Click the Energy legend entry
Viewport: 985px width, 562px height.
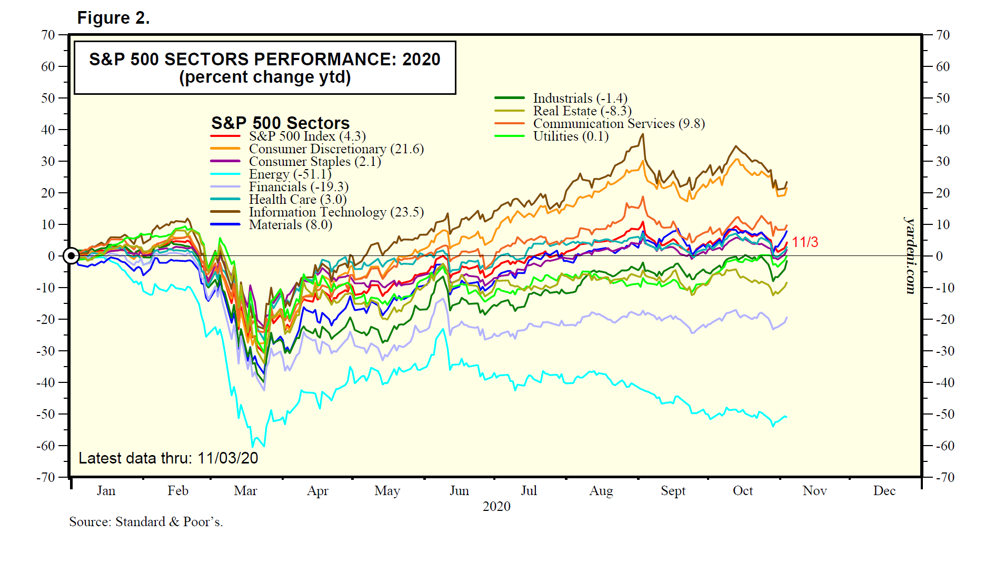290,174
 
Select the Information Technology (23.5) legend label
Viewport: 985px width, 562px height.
336,212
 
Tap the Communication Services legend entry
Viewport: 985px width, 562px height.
619,124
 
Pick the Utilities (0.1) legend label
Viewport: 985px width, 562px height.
571,136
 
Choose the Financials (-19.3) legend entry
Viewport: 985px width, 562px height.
299,187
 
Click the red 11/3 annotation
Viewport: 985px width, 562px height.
805,242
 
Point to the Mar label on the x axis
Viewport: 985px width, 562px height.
245,491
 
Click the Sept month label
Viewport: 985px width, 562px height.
673,491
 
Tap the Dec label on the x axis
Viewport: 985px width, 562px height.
884,491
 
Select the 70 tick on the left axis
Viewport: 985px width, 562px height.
48,35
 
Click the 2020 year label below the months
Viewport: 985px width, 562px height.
496,507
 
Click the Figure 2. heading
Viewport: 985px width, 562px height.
113,18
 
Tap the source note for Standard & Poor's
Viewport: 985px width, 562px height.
146,522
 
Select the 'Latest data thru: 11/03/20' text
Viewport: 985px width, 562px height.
168,458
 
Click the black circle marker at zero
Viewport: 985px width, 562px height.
71,256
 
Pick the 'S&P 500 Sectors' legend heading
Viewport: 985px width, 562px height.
280,123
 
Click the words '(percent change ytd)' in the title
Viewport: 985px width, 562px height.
265,77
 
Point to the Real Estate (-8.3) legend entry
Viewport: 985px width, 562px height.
582,111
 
